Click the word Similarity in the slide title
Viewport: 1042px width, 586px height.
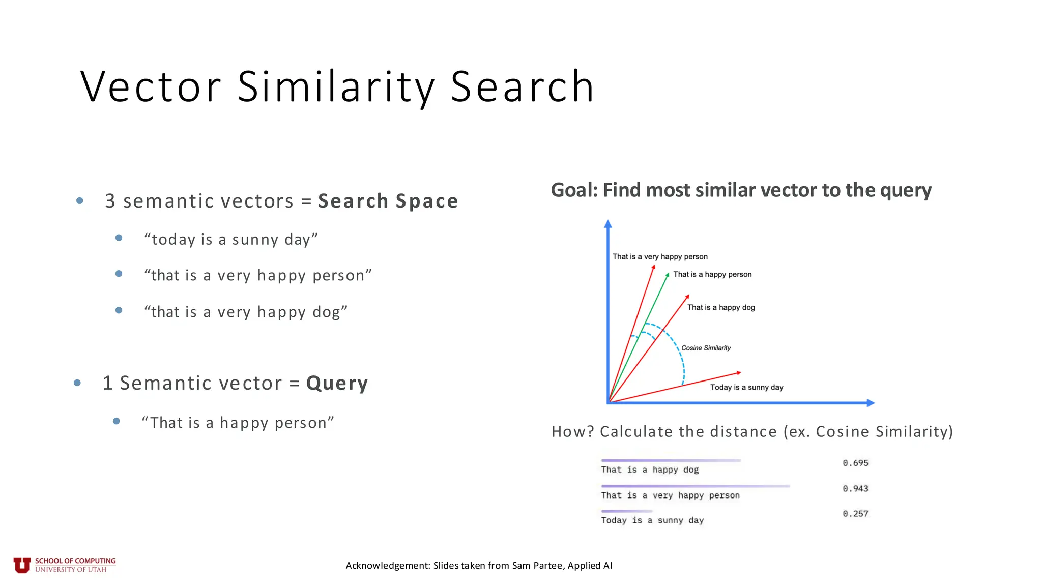(x=336, y=87)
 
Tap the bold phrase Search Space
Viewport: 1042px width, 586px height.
(x=388, y=201)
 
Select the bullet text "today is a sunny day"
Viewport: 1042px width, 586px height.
(x=231, y=239)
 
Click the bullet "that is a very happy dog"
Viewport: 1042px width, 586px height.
(x=246, y=312)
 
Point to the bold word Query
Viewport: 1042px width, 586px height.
(x=337, y=383)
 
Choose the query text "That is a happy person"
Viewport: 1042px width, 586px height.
(x=238, y=423)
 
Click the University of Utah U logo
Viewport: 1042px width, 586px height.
(x=22, y=565)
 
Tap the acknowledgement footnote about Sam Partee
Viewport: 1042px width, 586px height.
(x=479, y=566)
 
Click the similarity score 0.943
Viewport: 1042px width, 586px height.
(x=855, y=489)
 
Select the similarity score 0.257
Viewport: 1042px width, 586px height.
(x=855, y=514)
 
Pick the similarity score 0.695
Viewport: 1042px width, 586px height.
(x=855, y=463)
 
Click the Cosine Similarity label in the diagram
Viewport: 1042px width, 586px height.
(x=706, y=348)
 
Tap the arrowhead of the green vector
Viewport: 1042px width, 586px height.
(x=667, y=275)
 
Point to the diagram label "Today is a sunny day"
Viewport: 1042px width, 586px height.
(x=746, y=388)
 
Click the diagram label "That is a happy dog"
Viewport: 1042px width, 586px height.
(x=721, y=308)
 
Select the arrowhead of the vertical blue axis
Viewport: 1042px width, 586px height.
(x=607, y=224)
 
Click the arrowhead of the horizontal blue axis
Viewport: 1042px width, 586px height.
(x=871, y=403)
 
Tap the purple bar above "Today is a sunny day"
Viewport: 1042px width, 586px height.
(x=626, y=511)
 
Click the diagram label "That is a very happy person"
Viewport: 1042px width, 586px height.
(x=660, y=257)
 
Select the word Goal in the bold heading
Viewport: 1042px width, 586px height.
(x=573, y=190)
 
